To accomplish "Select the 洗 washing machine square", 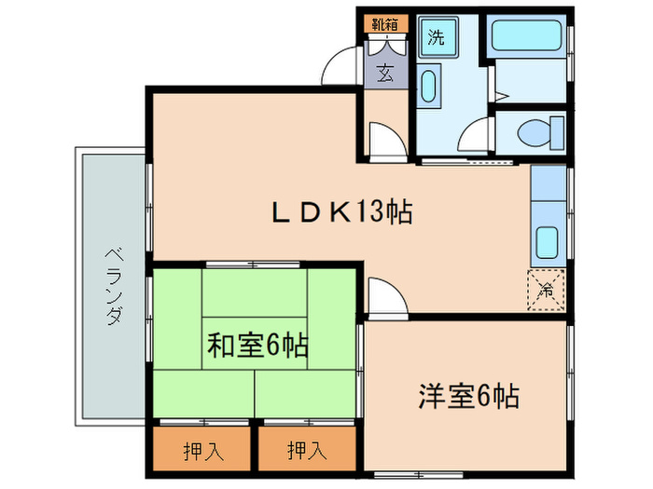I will [436, 38].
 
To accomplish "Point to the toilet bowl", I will [537, 131].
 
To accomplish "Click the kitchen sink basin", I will [547, 244].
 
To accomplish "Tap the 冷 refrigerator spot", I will [547, 289].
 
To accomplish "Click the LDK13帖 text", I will [341, 212].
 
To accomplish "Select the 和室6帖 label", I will [257, 346].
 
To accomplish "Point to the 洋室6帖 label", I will [466, 396].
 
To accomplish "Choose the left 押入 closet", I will [202, 451].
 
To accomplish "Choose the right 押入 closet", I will [307, 451].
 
